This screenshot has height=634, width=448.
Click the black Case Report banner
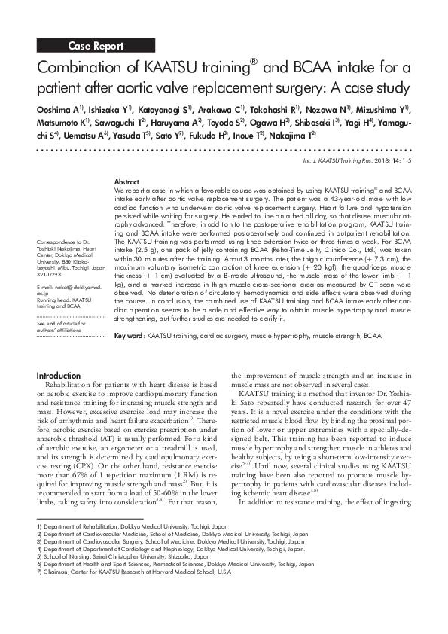96,46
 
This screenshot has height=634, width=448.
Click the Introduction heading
58,376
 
